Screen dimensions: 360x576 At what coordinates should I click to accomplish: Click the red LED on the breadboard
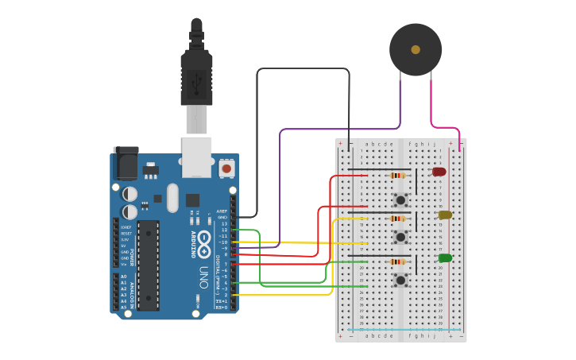point(439,172)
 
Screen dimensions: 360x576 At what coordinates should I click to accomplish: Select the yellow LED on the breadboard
point(445,215)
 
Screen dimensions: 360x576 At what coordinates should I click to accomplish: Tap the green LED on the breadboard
point(445,257)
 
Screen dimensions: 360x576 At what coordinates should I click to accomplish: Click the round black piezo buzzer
point(415,49)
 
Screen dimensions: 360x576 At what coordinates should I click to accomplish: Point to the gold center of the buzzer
point(416,49)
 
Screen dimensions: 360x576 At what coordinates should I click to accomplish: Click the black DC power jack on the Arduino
point(126,165)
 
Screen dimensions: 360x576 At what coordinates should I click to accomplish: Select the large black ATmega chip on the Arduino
point(148,265)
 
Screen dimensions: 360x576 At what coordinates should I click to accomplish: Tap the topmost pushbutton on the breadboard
point(400,200)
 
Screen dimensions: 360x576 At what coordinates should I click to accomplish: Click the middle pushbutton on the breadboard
point(400,237)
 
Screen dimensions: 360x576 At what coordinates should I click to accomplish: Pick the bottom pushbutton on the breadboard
point(400,280)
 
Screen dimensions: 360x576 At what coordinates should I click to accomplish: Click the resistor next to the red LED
point(397,175)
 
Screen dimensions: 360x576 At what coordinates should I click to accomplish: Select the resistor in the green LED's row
point(397,261)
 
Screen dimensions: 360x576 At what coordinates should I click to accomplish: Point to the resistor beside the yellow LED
point(397,219)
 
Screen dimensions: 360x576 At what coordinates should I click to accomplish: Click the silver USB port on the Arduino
point(196,156)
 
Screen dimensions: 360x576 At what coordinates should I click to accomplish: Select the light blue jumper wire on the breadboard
point(404,329)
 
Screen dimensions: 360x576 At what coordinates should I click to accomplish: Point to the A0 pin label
point(123,277)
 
